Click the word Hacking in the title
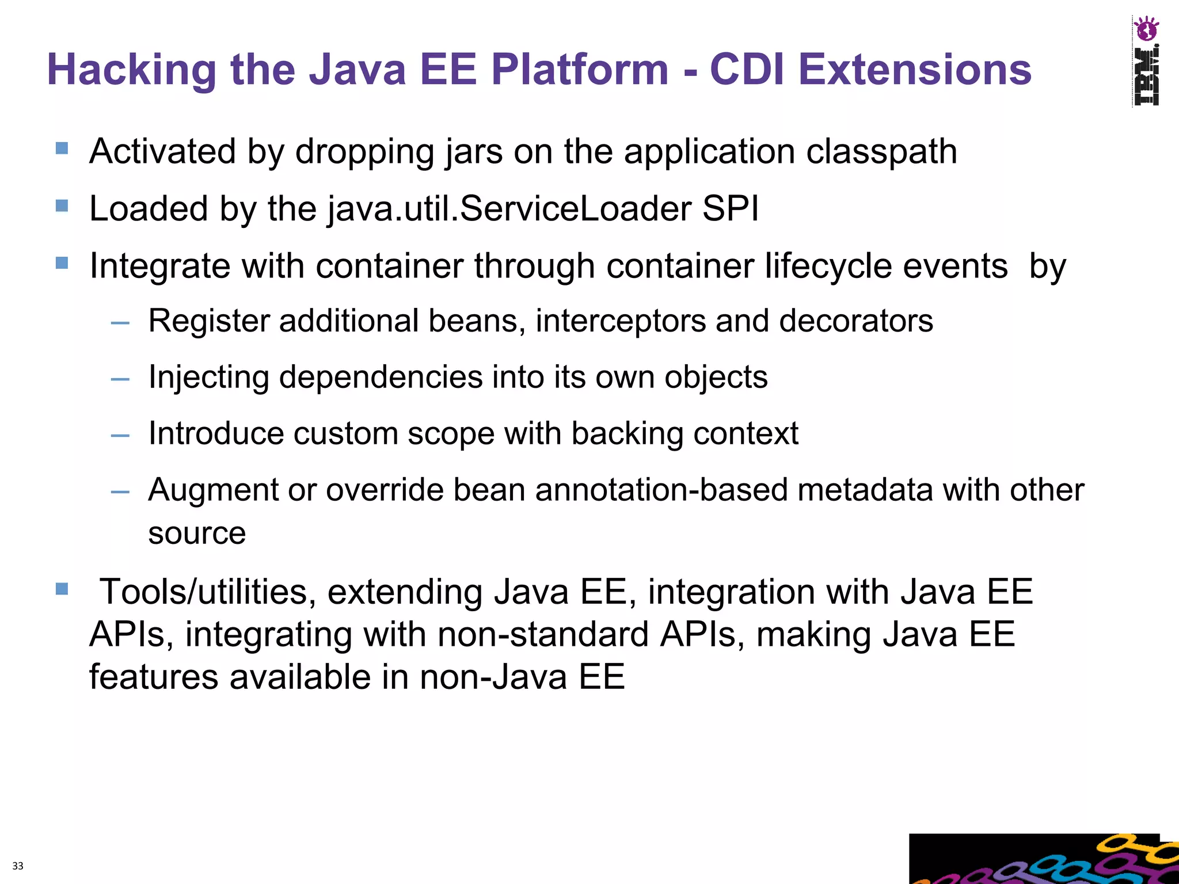[x=132, y=70]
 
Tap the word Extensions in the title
[x=915, y=70]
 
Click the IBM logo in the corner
[x=1146, y=61]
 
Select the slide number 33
[x=18, y=866]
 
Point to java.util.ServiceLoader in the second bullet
[x=509, y=209]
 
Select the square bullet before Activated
[x=62, y=148]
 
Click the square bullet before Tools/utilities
[x=62, y=589]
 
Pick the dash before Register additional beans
[x=120, y=323]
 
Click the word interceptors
[x=621, y=321]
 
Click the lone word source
[x=197, y=533]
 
